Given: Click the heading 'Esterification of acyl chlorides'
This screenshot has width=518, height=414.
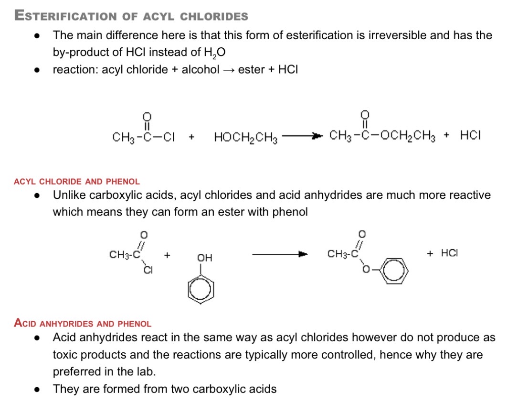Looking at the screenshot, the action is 131,16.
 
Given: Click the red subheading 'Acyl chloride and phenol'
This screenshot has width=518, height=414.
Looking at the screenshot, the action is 77,182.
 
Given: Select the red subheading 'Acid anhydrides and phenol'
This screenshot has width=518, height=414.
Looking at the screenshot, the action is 83,323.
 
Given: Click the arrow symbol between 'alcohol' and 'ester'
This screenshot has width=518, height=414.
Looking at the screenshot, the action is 229,70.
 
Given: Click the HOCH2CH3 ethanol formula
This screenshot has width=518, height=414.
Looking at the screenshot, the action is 245,137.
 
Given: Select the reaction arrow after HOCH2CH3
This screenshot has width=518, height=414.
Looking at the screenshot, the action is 302,136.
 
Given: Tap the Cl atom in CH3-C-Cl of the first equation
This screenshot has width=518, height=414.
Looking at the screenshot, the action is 169,137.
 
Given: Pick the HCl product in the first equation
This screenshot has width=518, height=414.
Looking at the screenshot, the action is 470,135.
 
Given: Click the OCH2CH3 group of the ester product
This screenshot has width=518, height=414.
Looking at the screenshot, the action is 408,136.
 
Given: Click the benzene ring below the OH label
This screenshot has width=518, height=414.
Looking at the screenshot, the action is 201,290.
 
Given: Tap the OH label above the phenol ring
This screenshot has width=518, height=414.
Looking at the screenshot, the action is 204,258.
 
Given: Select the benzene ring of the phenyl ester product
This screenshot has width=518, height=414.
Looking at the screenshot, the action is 394,271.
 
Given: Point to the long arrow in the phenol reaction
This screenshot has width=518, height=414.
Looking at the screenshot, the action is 280,254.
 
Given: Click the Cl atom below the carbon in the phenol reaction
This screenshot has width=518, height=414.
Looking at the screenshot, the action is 148,270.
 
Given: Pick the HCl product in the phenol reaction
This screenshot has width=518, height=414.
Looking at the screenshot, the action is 449,253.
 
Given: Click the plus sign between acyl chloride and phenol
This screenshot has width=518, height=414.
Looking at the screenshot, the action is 167,255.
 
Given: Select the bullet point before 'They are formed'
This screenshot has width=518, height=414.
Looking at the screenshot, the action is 37,390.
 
